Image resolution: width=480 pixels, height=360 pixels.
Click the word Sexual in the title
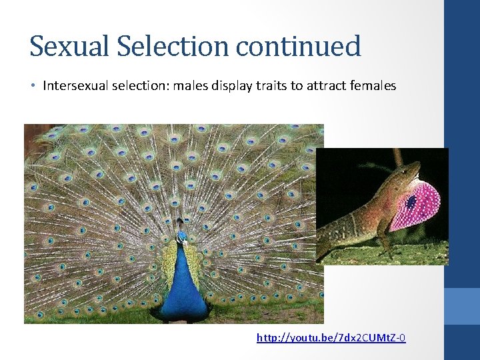pyautogui.click(x=64, y=47)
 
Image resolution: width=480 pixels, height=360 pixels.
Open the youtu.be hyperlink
pyautogui.click(x=331, y=338)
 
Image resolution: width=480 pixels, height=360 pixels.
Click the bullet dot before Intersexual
pyautogui.click(x=33, y=87)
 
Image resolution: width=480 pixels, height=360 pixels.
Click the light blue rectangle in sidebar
pyautogui.click(x=462, y=306)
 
